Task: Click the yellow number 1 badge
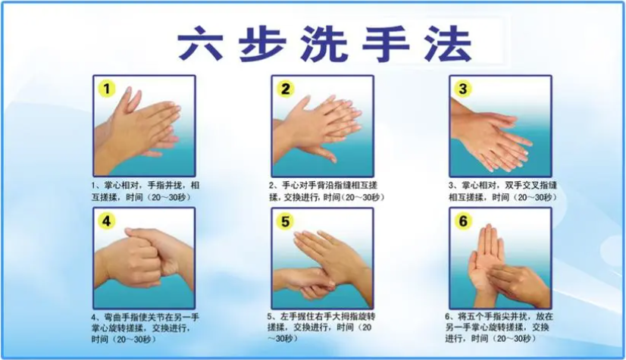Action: (107, 89)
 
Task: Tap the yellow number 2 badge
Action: (285, 89)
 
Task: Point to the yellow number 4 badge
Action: (107, 221)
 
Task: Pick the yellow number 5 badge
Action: (285, 221)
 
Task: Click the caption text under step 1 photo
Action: (146, 191)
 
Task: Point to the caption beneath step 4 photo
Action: (146, 328)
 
